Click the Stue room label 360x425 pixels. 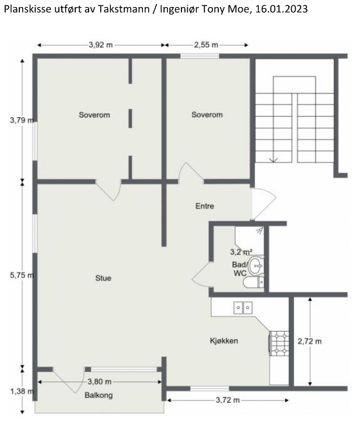click(103, 278)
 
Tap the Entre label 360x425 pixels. click(205, 206)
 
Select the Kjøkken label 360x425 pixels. click(224, 341)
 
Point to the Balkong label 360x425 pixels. click(99, 395)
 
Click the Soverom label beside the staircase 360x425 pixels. click(207, 114)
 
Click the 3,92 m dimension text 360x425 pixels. click(101, 45)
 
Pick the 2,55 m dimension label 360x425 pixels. click(206, 45)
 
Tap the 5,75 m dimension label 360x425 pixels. click(22, 276)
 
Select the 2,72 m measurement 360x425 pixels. click(310, 342)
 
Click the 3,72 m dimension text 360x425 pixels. click(228, 400)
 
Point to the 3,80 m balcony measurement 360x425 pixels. click(99, 382)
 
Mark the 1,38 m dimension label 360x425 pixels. click(22, 391)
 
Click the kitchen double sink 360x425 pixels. click(243, 308)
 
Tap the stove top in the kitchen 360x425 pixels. click(279, 343)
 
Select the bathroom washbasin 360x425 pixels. click(256, 266)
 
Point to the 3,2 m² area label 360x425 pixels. click(242, 252)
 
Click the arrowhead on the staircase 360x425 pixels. click(273, 160)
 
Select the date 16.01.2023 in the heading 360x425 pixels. click(281, 9)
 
